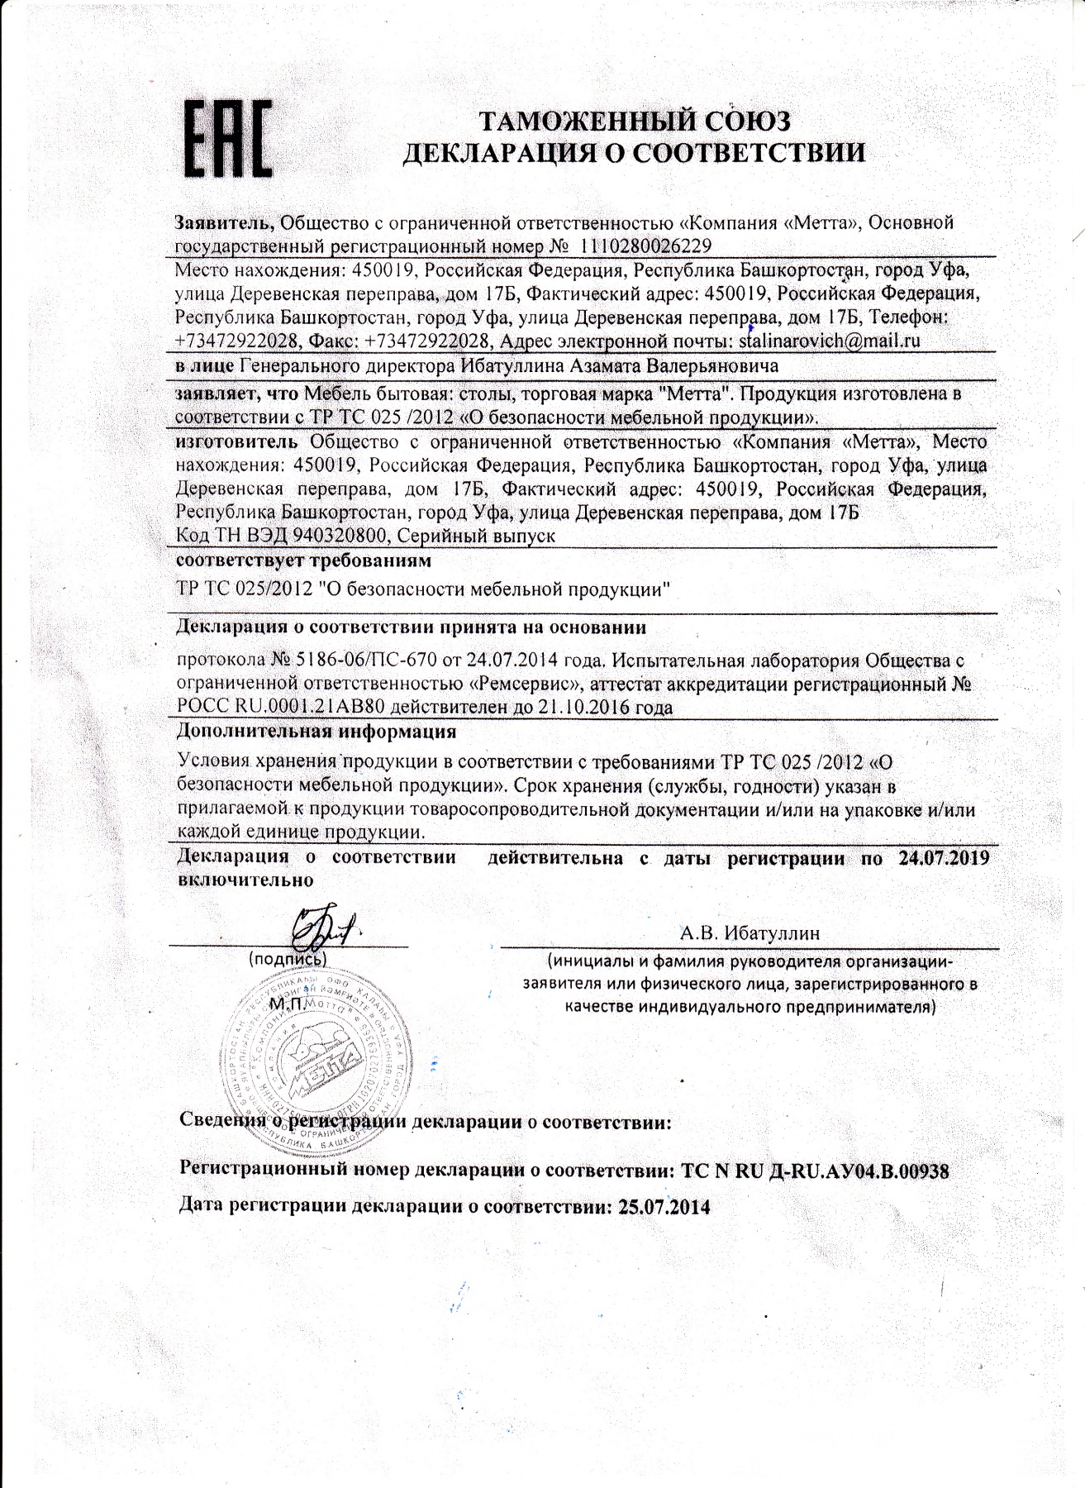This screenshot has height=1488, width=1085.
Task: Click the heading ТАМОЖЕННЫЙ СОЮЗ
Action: pos(635,122)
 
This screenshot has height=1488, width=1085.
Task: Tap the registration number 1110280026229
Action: pos(646,246)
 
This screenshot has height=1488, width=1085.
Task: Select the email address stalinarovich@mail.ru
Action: pos(830,340)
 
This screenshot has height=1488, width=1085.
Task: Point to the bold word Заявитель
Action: pos(224,222)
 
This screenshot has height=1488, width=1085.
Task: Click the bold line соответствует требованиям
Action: pos(304,561)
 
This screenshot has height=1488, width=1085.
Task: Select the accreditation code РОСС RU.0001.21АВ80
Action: pos(289,708)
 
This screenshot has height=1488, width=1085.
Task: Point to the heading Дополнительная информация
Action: pos(317,732)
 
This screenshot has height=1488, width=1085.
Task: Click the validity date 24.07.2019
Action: pos(942,857)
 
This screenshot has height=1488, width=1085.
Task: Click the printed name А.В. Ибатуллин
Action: pos(750,933)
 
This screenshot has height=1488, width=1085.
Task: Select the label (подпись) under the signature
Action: pos(288,960)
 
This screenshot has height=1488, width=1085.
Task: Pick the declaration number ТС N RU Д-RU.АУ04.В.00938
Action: pos(814,1171)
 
